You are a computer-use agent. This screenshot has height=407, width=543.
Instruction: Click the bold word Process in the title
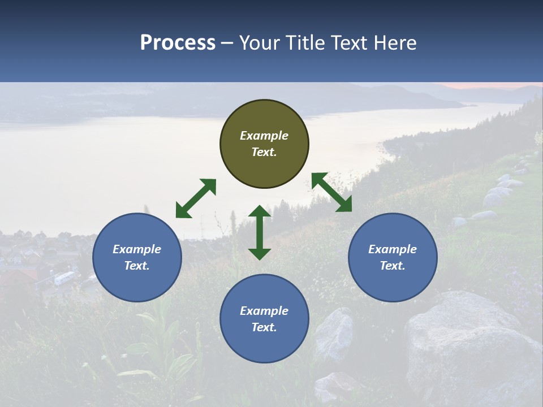click(178, 42)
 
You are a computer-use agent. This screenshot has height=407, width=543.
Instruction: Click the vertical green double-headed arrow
click(260, 232)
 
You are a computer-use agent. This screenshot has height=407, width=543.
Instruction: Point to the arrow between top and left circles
click(196, 198)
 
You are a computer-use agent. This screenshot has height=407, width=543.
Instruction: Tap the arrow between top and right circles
click(331, 192)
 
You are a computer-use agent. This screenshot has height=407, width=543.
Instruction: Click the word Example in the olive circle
click(264, 136)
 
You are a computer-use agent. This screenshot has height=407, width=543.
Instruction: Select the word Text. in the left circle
click(137, 266)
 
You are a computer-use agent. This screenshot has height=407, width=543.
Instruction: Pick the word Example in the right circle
click(393, 249)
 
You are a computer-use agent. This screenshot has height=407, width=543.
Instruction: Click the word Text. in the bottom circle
click(264, 327)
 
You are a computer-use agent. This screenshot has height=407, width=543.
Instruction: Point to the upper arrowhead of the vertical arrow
click(260, 211)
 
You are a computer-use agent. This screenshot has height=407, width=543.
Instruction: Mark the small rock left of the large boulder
click(334, 334)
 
